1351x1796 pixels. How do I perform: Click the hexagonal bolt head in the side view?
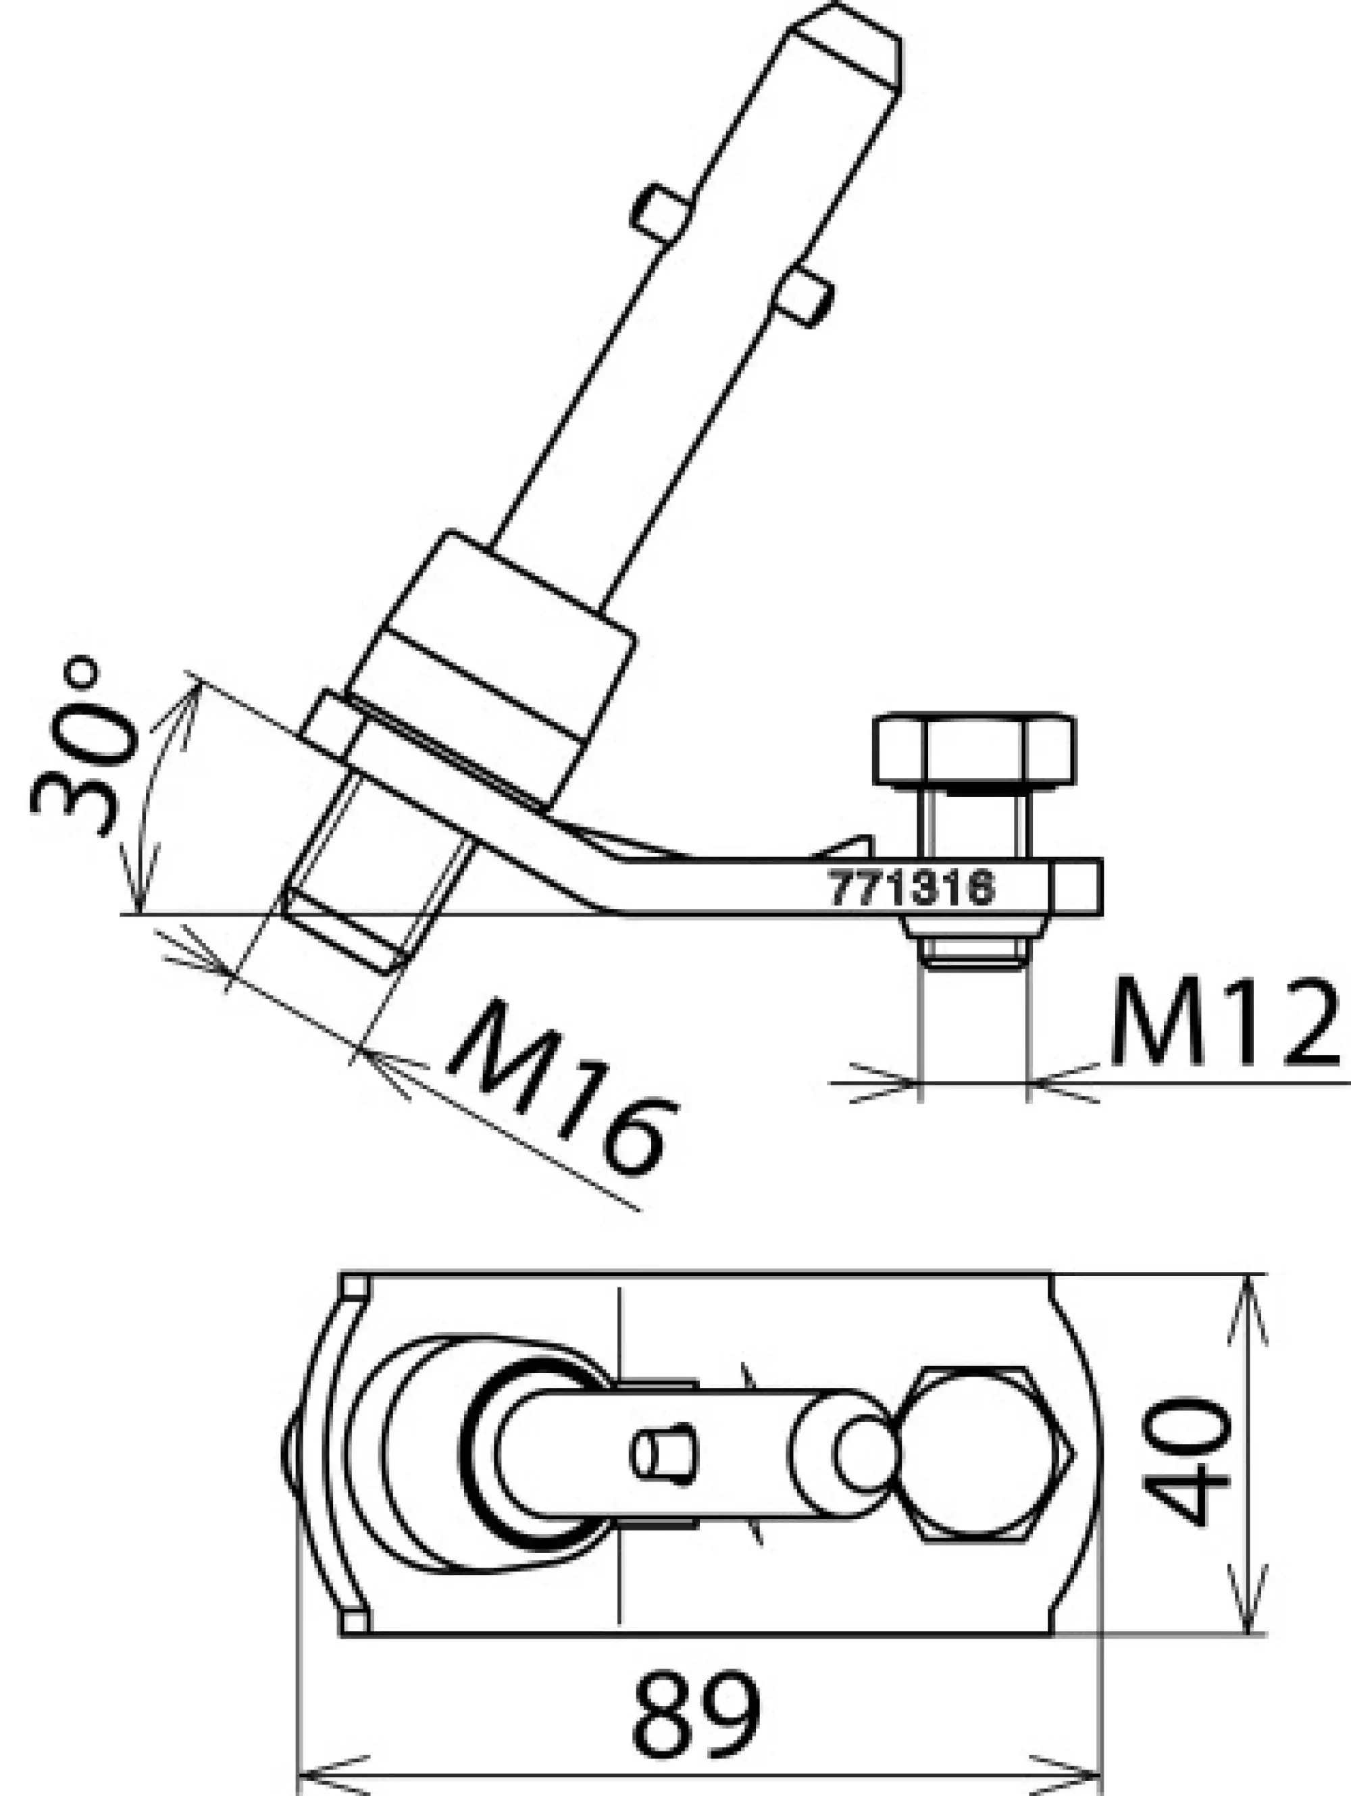[974, 750]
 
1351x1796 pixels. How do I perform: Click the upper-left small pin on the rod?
[661, 213]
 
